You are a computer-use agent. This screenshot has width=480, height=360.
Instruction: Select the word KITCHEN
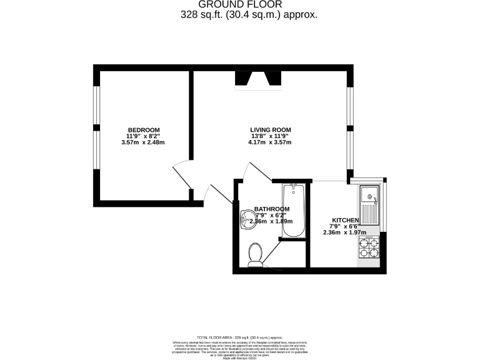[x=345, y=221]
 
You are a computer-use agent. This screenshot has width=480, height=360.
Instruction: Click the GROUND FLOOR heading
[x=240, y=4]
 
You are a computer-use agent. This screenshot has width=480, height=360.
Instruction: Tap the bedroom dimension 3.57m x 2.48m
[x=144, y=142]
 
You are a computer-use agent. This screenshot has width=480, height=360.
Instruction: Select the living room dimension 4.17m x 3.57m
[x=269, y=142]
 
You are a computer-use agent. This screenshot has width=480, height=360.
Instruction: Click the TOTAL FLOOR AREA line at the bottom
[x=240, y=337]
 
